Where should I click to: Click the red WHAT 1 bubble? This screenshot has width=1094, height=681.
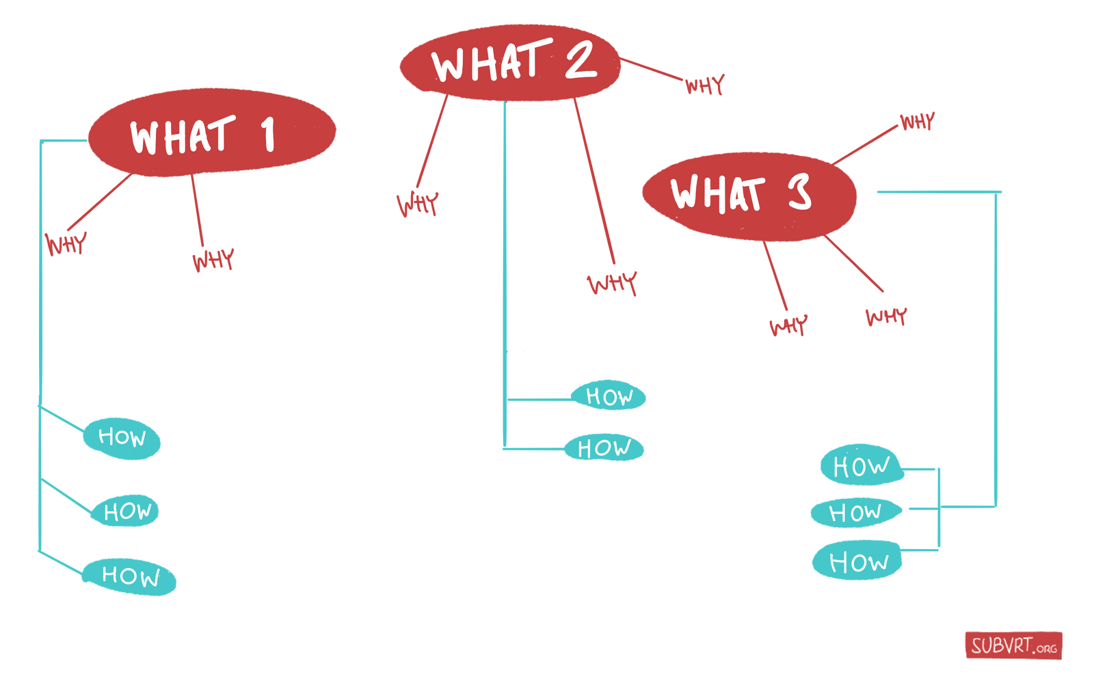[212, 133]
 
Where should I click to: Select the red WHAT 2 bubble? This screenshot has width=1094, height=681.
[510, 62]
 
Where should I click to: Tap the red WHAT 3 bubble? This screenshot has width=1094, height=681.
[749, 196]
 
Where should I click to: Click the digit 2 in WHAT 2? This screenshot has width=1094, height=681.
[581, 61]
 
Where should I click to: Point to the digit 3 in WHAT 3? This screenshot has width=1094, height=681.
[799, 191]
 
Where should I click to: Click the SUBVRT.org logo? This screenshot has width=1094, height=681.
[1014, 646]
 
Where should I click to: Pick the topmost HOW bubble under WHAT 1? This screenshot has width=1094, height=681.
[122, 438]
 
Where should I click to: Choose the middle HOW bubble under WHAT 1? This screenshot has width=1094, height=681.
[125, 511]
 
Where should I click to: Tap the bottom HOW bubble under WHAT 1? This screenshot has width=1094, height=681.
[129, 577]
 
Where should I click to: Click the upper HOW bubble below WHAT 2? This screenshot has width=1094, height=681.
[609, 395]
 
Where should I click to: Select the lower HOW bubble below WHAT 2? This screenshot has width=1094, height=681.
[604, 447]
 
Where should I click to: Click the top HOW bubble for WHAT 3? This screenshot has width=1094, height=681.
[862, 464]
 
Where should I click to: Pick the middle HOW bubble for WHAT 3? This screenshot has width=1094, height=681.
[856, 513]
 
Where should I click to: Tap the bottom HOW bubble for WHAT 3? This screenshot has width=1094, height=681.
[857, 561]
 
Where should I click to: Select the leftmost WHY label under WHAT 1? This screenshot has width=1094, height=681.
[66, 243]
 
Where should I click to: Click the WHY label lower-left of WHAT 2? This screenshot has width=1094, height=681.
[418, 204]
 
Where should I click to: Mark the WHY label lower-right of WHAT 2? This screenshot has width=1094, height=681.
[613, 283]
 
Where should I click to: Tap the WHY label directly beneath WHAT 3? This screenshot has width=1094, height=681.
[788, 325]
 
